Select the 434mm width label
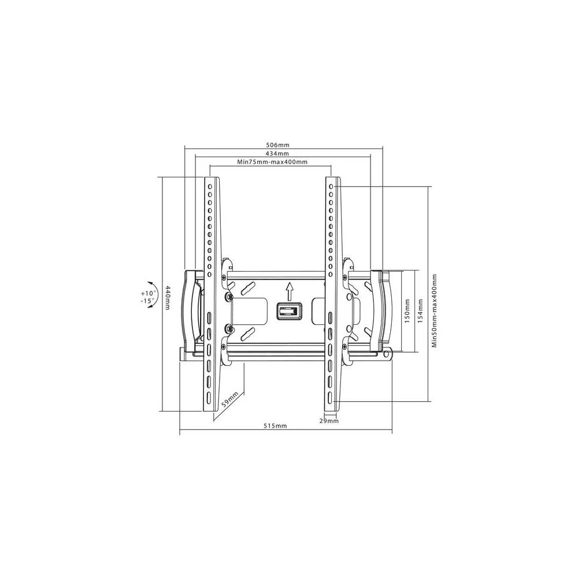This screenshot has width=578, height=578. point(277,153)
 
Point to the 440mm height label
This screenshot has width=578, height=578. point(168,297)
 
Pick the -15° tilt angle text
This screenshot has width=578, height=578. point(147,301)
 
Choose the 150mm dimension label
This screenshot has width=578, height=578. point(407,311)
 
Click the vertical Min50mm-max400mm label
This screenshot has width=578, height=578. point(434,310)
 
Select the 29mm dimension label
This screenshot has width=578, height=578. point(329,421)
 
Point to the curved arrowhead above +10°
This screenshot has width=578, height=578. point(151,283)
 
